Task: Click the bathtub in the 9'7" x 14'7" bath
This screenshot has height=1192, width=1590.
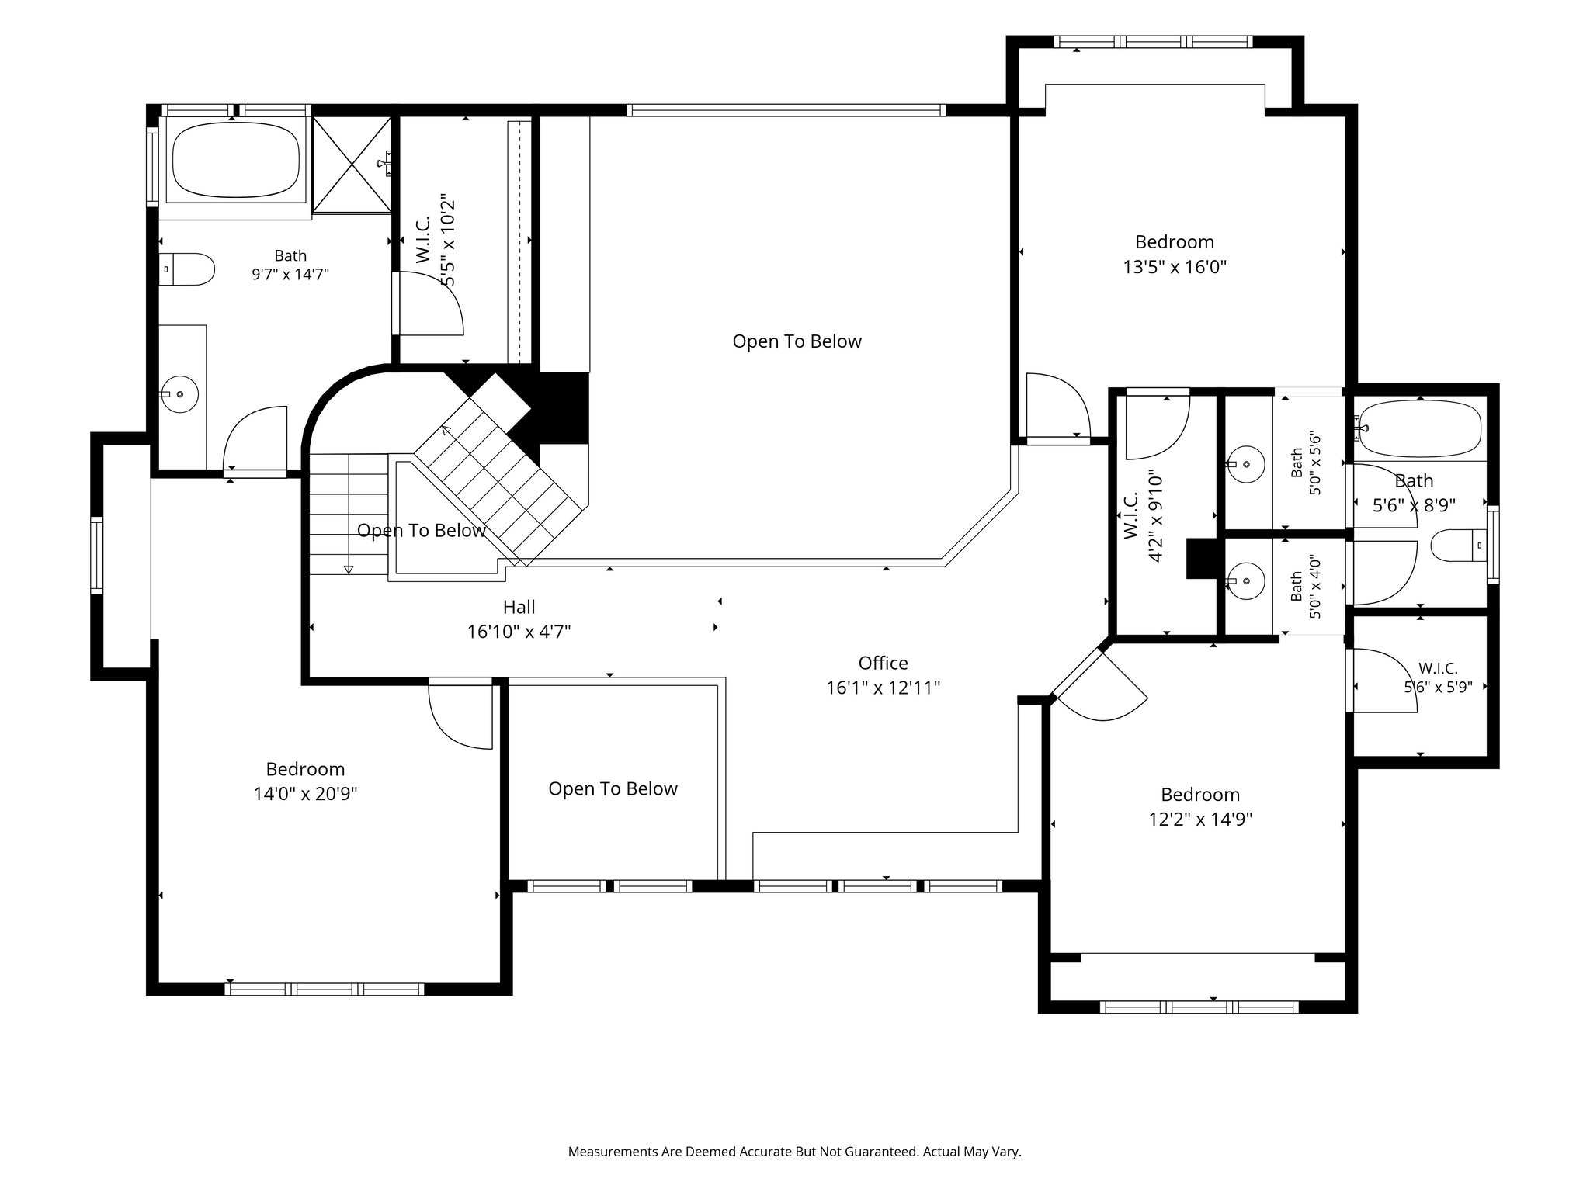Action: [x=235, y=161]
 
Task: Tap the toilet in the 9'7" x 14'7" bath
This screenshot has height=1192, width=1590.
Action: [x=186, y=269]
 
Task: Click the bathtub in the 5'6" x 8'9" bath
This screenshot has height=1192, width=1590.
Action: [x=1420, y=429]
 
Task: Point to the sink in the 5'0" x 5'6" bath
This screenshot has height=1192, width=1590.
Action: [x=1246, y=464]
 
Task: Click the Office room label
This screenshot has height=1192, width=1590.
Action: [x=883, y=663]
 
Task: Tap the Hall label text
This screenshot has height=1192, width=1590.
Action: [x=519, y=607]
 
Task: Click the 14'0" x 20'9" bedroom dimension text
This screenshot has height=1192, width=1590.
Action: [x=305, y=794]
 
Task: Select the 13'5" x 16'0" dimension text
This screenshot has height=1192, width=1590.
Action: [x=1174, y=267]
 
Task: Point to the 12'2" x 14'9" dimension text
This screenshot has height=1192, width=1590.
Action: [x=1200, y=819]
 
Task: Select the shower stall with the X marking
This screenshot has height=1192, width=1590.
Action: [x=352, y=164]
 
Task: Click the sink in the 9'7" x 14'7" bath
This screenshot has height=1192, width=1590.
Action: [x=179, y=394]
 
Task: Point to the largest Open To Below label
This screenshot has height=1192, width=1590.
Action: [x=797, y=341]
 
